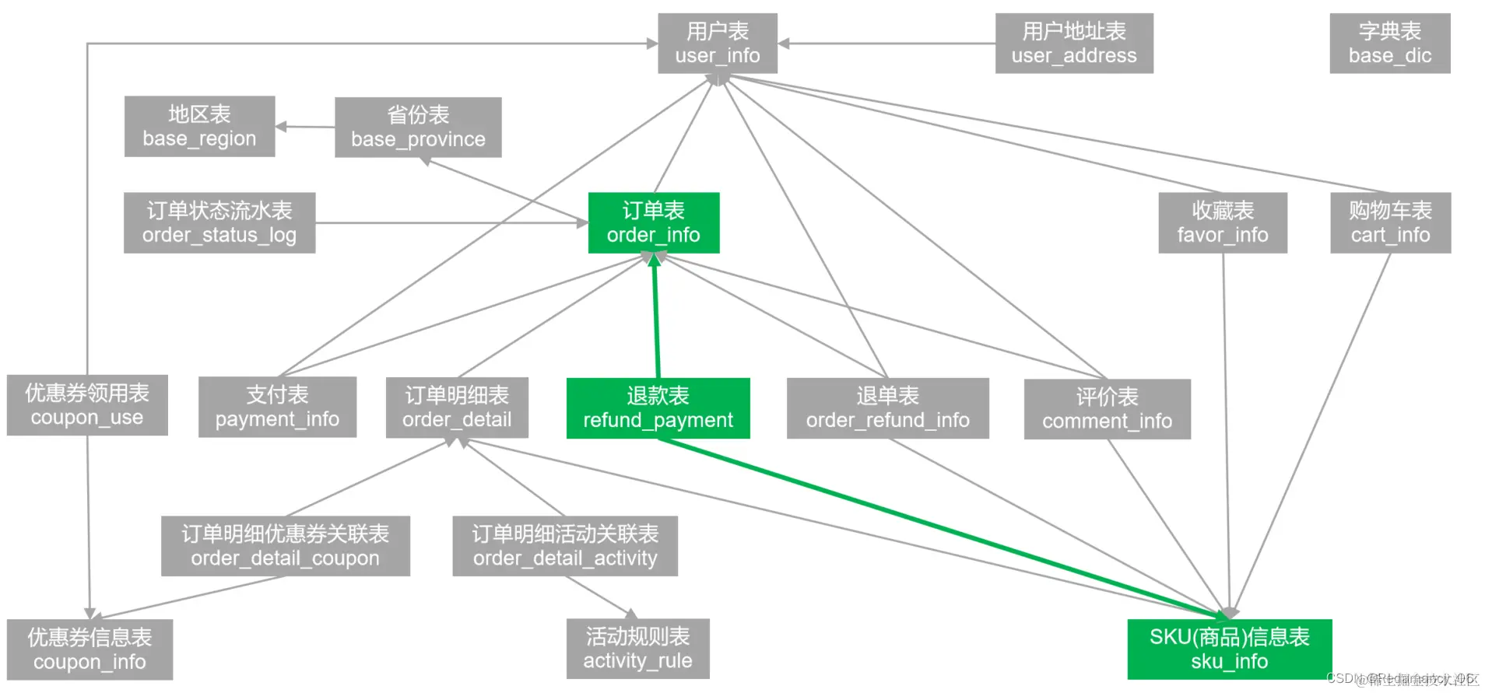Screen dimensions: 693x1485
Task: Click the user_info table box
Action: [x=717, y=44]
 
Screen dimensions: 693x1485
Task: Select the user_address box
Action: [x=1073, y=44]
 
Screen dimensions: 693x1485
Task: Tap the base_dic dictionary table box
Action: [x=1389, y=44]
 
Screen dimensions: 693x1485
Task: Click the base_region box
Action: [x=199, y=126]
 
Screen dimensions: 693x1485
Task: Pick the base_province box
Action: [x=418, y=128]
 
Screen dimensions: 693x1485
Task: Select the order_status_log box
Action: [x=219, y=222]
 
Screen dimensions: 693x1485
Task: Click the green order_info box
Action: [x=653, y=222]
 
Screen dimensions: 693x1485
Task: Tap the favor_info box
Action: [x=1222, y=222]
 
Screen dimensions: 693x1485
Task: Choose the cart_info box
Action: [x=1390, y=222]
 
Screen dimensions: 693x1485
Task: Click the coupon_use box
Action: [x=87, y=405]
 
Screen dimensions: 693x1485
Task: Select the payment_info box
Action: [x=277, y=407]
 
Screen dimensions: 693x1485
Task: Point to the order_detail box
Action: [x=457, y=408]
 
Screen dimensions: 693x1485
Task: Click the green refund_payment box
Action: [x=658, y=408]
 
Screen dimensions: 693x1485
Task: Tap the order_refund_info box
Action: [x=887, y=408]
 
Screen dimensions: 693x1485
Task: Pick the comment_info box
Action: [x=1107, y=409]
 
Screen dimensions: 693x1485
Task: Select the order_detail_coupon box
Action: [x=285, y=546]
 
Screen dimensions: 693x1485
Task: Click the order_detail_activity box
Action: [x=565, y=546]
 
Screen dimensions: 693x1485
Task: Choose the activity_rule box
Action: [x=637, y=649]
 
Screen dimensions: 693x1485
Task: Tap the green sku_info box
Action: [x=1229, y=649]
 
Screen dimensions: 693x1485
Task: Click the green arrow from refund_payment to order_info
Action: [x=656, y=319]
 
